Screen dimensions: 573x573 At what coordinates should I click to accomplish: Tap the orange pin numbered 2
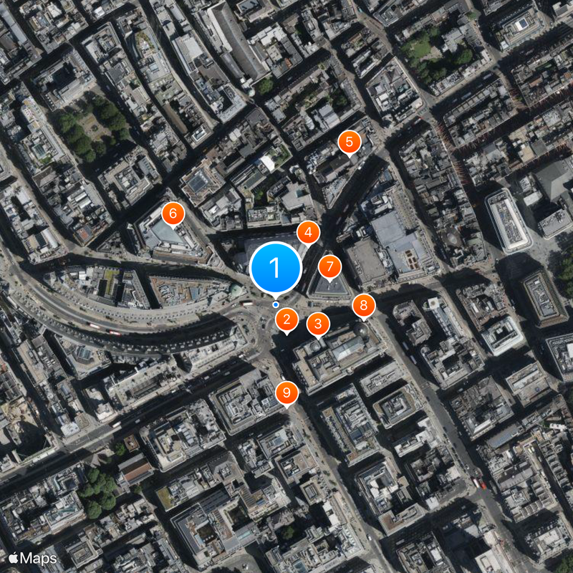(287, 319)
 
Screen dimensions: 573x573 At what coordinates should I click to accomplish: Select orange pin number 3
(318, 324)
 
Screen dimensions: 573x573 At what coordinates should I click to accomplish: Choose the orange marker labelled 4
(308, 232)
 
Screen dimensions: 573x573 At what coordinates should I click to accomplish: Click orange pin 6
(173, 213)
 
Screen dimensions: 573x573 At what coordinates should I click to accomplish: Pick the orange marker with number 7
(329, 267)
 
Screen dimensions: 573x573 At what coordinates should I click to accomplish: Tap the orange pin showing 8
(364, 306)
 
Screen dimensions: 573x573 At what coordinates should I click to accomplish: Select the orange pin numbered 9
(287, 393)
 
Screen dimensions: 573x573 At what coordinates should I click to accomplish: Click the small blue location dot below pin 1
(276, 304)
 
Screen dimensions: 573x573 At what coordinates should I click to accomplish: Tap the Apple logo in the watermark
(13, 557)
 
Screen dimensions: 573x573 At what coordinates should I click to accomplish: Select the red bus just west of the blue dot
(248, 304)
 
